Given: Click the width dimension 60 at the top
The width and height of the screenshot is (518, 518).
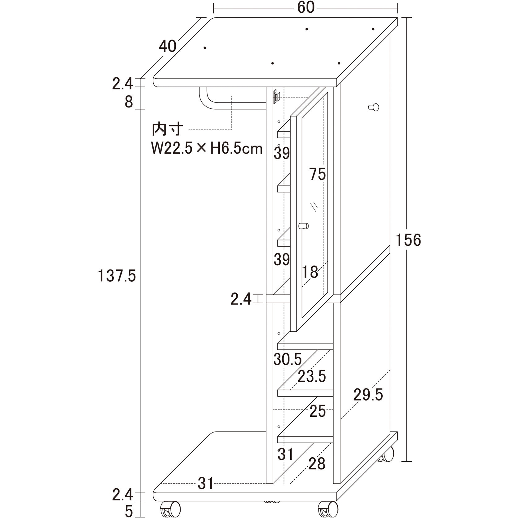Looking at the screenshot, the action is pyautogui.click(x=306, y=7).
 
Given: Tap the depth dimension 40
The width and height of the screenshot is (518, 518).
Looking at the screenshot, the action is pyautogui.click(x=168, y=46).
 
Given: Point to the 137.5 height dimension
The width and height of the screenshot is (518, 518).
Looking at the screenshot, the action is pyautogui.click(x=117, y=276).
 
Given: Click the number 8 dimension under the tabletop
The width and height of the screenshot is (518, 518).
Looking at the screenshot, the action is pyautogui.click(x=129, y=102).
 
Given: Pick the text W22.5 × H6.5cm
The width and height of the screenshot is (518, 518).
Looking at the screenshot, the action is pyautogui.click(x=207, y=148).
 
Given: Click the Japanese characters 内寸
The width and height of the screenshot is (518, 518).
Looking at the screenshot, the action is pyautogui.click(x=167, y=129).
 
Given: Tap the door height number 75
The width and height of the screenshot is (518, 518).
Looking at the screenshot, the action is pyautogui.click(x=318, y=174).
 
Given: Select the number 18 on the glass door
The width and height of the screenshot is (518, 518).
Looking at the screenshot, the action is pyautogui.click(x=310, y=272).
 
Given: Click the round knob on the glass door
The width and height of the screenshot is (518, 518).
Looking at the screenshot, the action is pyautogui.click(x=304, y=226).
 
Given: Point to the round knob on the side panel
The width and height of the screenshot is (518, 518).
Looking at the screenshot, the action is pyautogui.click(x=374, y=107).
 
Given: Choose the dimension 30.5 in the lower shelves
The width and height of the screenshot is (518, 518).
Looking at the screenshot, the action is pyautogui.click(x=288, y=359).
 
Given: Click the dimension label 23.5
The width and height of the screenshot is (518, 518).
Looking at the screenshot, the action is pyautogui.click(x=312, y=376).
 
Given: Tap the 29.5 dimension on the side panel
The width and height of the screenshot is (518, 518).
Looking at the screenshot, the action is pyautogui.click(x=368, y=395).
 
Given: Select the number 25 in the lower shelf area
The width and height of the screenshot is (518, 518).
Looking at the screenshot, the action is pyautogui.click(x=318, y=411).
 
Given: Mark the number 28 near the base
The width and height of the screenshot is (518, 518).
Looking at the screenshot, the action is pyautogui.click(x=317, y=464).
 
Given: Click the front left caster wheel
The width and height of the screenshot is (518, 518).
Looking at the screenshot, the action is pyautogui.click(x=170, y=509).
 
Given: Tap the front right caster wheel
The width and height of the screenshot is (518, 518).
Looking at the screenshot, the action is pyautogui.click(x=328, y=509).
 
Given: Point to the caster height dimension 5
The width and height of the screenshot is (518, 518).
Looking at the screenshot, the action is pyautogui.click(x=129, y=511).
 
